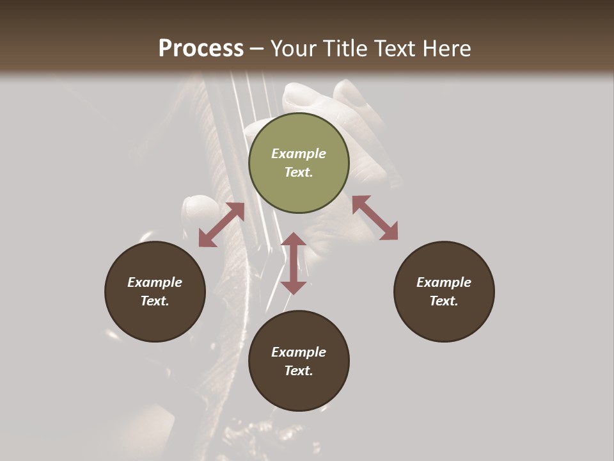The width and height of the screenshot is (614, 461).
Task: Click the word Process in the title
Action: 201,49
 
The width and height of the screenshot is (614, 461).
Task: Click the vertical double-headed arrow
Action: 294,263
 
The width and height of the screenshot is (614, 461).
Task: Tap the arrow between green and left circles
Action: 221,225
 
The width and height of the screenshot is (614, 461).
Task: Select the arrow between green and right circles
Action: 375,218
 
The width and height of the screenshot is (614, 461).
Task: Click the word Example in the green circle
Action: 299,154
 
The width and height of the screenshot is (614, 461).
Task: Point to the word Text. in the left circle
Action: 155,301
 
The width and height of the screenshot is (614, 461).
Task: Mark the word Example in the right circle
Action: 444,282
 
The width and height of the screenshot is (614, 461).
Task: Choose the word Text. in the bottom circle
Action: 299,371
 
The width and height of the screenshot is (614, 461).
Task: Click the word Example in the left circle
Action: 155,282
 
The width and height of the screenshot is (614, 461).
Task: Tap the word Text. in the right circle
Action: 444,301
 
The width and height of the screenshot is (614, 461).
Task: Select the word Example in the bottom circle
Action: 299,352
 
